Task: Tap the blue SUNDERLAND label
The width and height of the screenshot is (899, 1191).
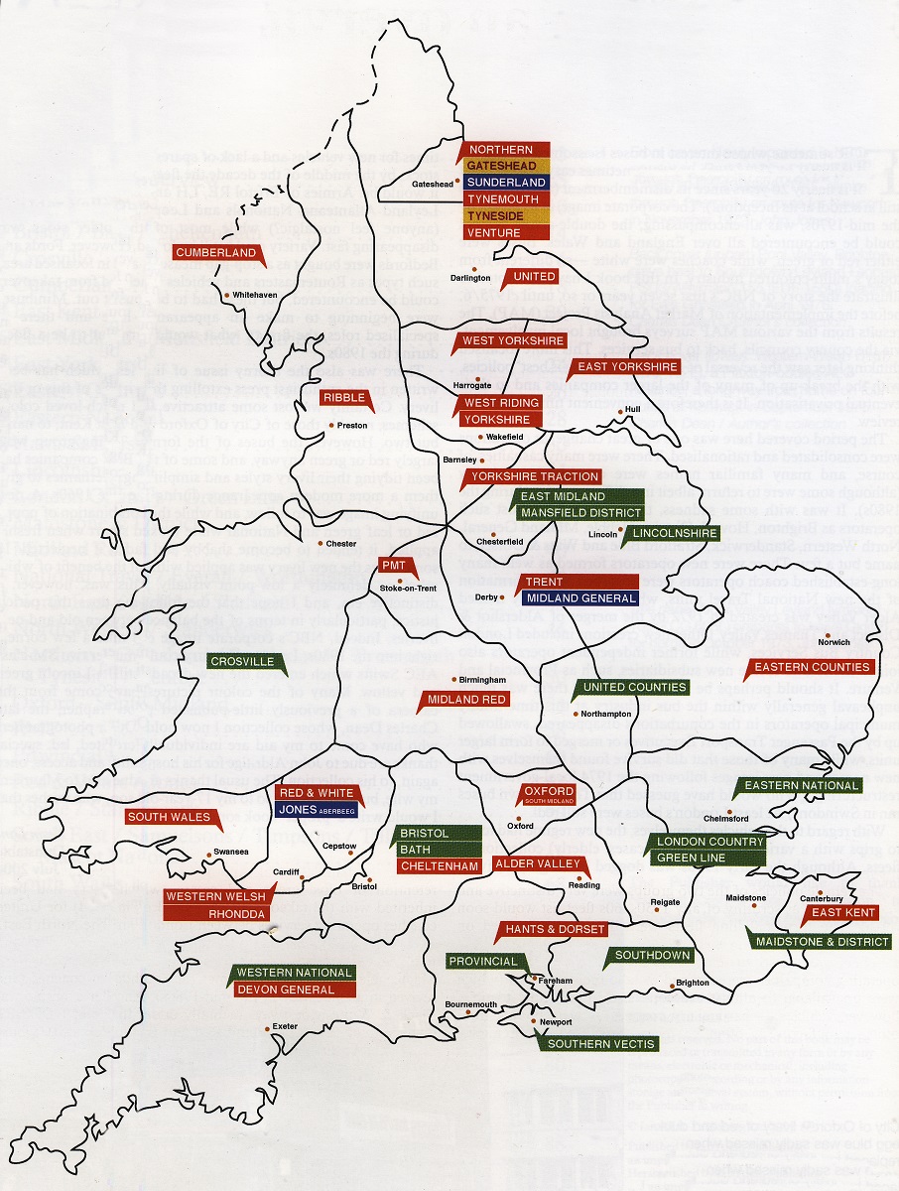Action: [505, 183]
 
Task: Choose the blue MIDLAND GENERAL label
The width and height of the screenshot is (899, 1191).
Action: [581, 597]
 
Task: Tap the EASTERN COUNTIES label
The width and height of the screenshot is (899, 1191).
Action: [813, 667]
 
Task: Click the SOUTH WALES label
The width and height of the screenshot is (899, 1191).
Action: [169, 817]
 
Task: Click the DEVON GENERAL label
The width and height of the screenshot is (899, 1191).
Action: [295, 989]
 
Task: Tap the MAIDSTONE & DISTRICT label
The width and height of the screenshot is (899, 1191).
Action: [823, 941]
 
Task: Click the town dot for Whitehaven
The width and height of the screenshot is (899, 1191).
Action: [226, 295]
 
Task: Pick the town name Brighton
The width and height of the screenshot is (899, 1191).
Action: [693, 984]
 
